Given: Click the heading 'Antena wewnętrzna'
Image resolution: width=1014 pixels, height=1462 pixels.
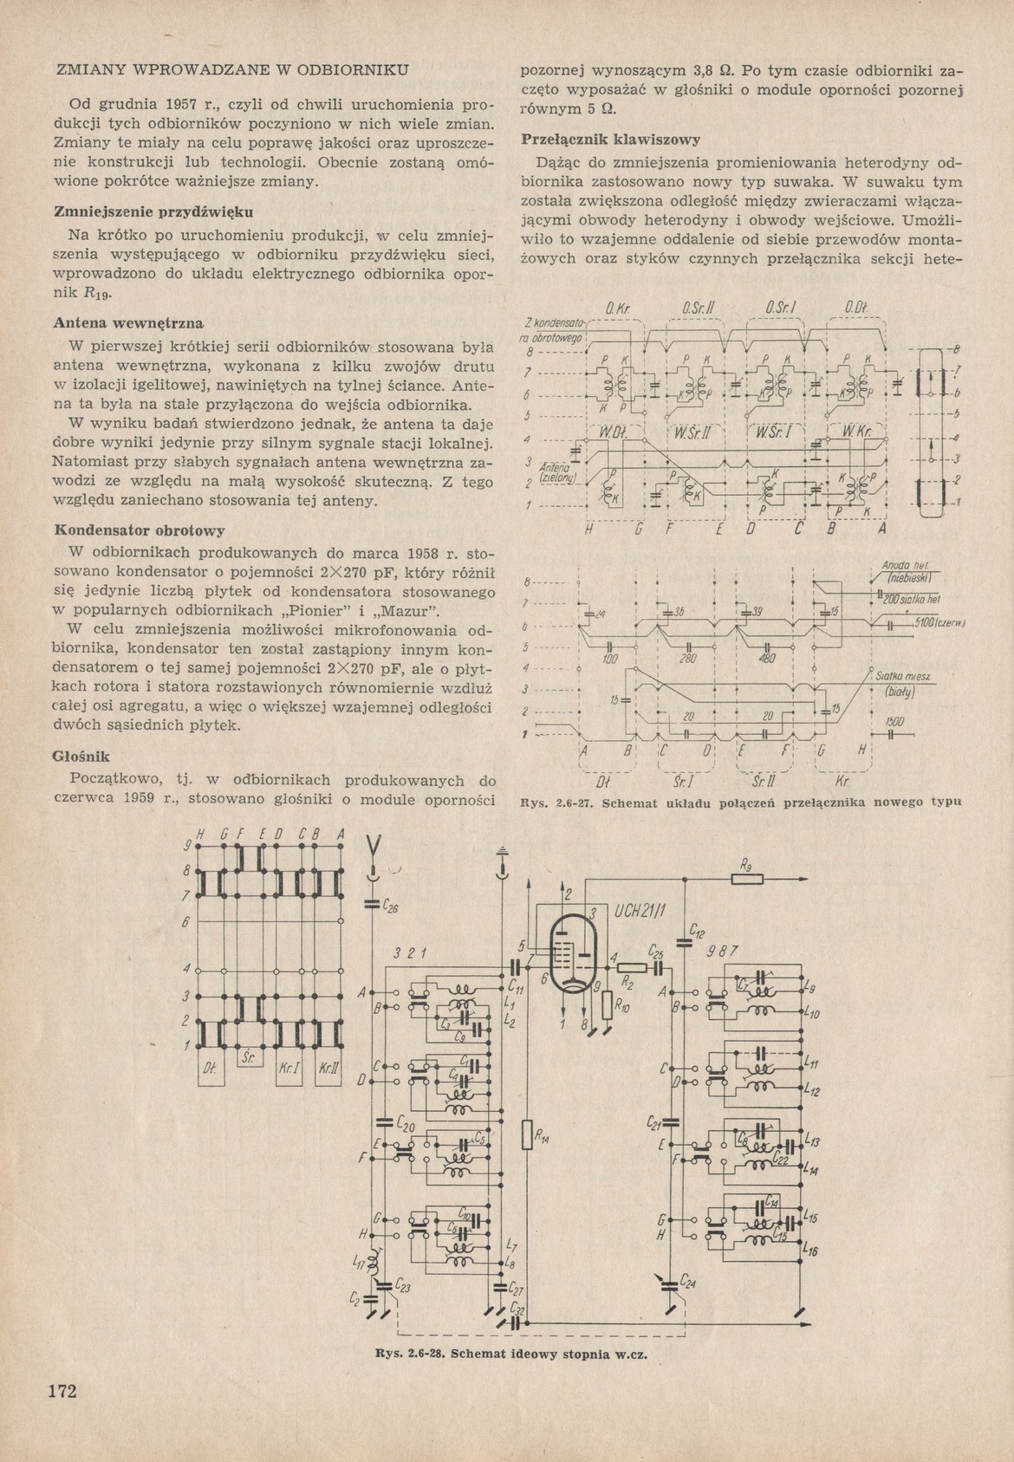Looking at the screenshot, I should (128, 323).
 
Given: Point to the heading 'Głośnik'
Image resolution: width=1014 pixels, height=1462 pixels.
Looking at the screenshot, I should (81, 756).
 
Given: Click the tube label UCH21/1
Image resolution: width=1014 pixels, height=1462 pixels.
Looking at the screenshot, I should (640, 913).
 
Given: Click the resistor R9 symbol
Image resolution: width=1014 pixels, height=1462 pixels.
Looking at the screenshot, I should (746, 879).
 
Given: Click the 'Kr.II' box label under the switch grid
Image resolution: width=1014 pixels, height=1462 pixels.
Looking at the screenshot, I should (328, 1069).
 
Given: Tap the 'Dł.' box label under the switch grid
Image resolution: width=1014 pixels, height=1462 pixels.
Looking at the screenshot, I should (209, 1069).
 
